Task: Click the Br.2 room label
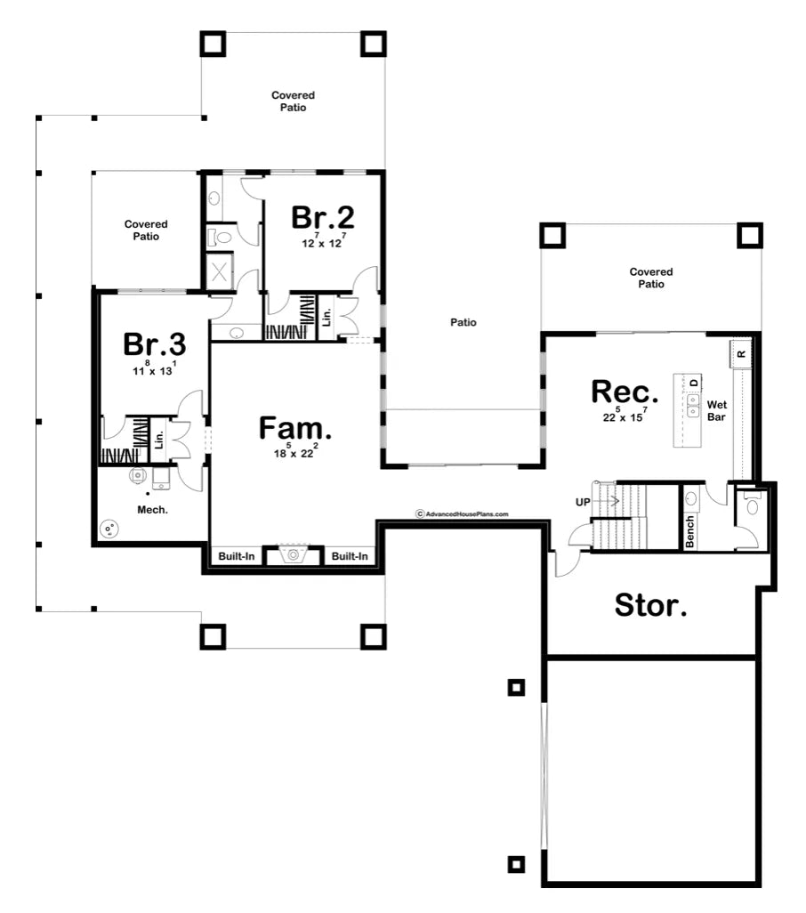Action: (322, 217)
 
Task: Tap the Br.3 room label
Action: (154, 343)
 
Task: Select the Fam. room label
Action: (295, 428)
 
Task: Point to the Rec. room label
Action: (625, 392)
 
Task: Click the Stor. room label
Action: (650, 605)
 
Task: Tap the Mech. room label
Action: (152, 510)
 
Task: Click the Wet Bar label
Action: (716, 410)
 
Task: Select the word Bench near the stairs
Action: (689, 531)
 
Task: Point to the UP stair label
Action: (583, 502)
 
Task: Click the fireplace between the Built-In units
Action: (294, 555)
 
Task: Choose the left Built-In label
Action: (237, 556)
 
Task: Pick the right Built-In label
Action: (350, 556)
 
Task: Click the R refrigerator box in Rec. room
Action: (741, 354)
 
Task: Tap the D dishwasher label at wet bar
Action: (694, 383)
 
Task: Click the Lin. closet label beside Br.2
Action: (326, 318)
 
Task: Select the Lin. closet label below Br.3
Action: (159, 440)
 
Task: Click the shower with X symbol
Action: (220, 271)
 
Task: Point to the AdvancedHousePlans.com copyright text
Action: (462, 514)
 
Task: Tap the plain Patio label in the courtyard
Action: (463, 322)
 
